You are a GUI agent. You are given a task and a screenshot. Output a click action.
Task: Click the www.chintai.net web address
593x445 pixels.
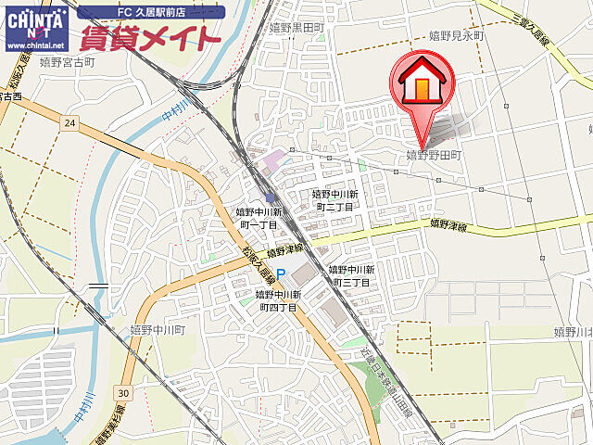pos(35,44)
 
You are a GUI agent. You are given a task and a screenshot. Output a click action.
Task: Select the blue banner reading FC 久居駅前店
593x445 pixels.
pos(150,12)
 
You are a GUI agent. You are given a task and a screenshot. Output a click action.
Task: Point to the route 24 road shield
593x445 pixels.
pos(70,121)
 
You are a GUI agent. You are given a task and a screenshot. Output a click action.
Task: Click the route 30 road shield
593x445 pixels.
pos(124,393)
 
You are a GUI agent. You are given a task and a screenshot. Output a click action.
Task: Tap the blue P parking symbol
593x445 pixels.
pos(281,273)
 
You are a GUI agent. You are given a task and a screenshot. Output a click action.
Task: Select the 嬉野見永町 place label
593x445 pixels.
pos(457,35)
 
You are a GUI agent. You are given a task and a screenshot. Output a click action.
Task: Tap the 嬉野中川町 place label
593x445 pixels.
pos(158,329)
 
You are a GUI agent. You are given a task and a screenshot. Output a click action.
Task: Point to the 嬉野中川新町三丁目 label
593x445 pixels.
pos(349,274)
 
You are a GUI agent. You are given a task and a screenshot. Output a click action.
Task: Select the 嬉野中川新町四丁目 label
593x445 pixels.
pos(276,300)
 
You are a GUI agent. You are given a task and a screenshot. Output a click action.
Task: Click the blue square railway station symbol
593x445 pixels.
pos(270,197)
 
